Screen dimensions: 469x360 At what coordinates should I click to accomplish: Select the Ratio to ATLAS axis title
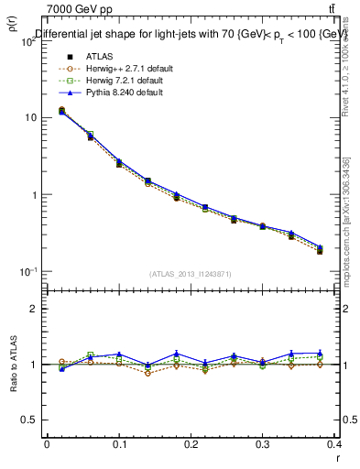coord(12,364)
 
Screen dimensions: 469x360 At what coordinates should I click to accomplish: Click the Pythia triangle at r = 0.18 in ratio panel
coord(177,354)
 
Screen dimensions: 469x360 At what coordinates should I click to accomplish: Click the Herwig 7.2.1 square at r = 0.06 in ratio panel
coord(90,354)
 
